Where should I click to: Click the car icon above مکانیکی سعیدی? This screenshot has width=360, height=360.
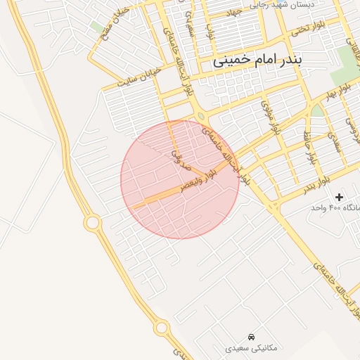252,336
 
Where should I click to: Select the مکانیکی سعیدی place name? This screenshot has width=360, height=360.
252,348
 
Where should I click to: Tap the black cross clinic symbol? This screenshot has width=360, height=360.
340,197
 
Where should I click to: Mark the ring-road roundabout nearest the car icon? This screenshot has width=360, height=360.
162,327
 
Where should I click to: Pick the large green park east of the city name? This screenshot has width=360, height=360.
345,65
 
